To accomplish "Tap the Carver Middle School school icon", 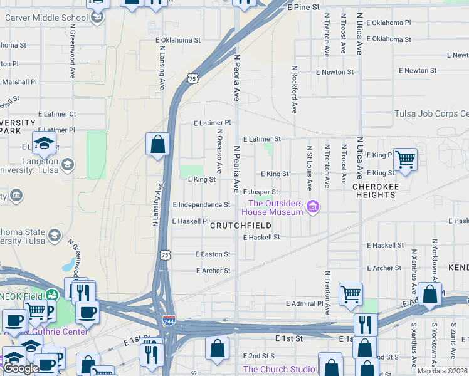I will [x=97, y=18].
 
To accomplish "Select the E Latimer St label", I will [x=261, y=138].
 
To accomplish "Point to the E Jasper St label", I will [x=260, y=192].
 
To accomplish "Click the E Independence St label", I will [x=201, y=205].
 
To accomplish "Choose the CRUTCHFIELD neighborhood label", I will [x=241, y=226].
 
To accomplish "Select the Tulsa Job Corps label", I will [x=431, y=113].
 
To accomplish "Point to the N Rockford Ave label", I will [x=293, y=90].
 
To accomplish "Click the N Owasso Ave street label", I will [x=219, y=151].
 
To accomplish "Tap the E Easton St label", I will [x=213, y=254].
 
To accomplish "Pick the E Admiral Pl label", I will [x=308, y=303].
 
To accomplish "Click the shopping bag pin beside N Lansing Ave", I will [x=158, y=144].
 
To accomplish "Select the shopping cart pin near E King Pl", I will [x=405, y=160].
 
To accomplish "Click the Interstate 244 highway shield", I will [x=169, y=321].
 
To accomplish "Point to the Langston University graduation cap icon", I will [x=45, y=144].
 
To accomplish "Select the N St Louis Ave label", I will [x=309, y=168].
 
